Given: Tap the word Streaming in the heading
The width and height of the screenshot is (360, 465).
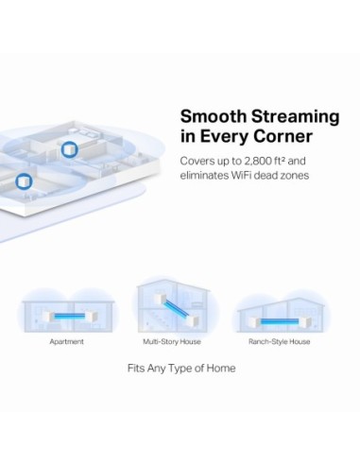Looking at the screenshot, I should (x=292, y=117).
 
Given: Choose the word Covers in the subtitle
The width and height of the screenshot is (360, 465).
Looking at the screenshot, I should (x=199, y=161).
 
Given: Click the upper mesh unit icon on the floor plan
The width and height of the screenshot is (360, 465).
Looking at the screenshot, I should (x=70, y=149).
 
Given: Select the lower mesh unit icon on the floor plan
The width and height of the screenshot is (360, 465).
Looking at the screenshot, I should (x=24, y=180).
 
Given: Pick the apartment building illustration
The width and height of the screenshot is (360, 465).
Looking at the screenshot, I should (x=66, y=312).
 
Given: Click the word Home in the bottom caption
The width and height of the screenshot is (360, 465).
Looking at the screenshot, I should (x=220, y=368).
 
